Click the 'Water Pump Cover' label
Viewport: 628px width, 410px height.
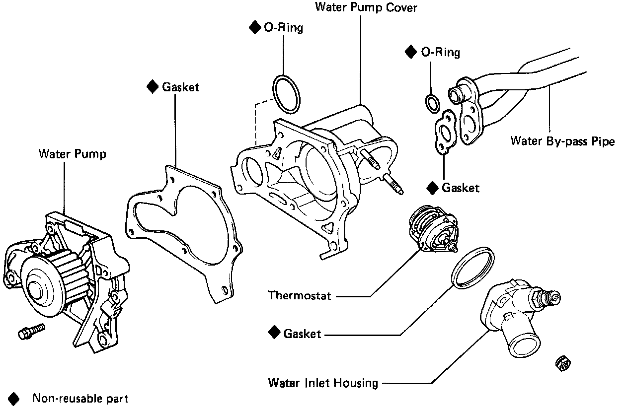(366, 7)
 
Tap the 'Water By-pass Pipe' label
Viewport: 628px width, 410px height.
(562, 141)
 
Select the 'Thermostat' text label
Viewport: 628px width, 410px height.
(299, 296)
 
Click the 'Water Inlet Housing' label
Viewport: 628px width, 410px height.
(323, 383)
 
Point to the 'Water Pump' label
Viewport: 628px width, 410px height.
(72, 154)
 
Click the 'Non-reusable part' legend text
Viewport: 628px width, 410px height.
(80, 399)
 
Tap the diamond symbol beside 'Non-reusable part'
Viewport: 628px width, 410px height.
(14, 398)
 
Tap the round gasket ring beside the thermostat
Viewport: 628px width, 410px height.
(473, 267)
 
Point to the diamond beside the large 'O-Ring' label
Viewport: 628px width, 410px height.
(255, 28)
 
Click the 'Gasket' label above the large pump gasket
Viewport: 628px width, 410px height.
(180, 87)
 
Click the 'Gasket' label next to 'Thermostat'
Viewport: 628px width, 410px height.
(302, 334)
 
